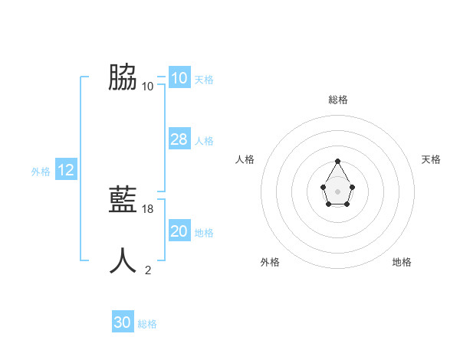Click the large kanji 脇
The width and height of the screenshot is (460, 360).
coord(123,77)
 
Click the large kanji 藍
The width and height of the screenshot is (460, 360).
coord(123,200)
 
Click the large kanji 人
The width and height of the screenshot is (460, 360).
coord(123,260)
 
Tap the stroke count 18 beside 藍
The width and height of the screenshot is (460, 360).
coord(148,208)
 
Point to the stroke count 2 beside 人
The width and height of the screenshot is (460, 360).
coord(148,270)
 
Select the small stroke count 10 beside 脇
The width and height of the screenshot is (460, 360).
coord(148,86)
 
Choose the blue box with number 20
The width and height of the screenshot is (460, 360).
coord(179,231)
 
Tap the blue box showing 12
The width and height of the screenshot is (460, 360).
coord(66,170)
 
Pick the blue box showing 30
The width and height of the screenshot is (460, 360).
coord(123,322)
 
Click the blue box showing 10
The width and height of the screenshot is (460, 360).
coord(179,78)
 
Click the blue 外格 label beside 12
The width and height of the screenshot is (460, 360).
coord(41,172)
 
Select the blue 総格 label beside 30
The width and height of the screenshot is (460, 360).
coord(147,324)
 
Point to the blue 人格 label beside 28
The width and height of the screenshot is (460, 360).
coord(204,141)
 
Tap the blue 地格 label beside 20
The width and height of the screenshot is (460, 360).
coord(204,233)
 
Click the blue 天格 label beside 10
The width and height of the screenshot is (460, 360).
coord(204,80)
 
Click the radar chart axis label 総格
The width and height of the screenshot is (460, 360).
coord(337,100)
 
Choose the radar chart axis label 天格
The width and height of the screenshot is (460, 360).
coord(432,159)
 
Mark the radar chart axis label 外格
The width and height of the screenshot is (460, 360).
coord(270,262)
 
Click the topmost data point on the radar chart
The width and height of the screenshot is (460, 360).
coord(337,161)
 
